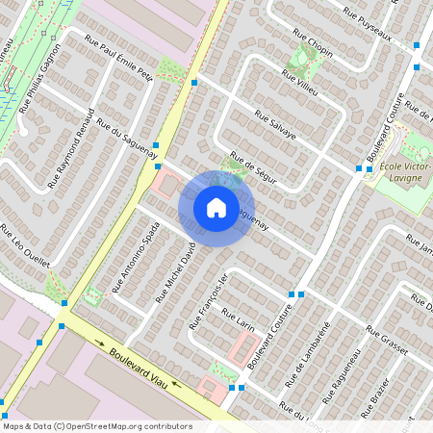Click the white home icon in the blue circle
[216, 207]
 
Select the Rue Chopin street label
[313, 45]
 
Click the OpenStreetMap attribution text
[96, 426]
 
